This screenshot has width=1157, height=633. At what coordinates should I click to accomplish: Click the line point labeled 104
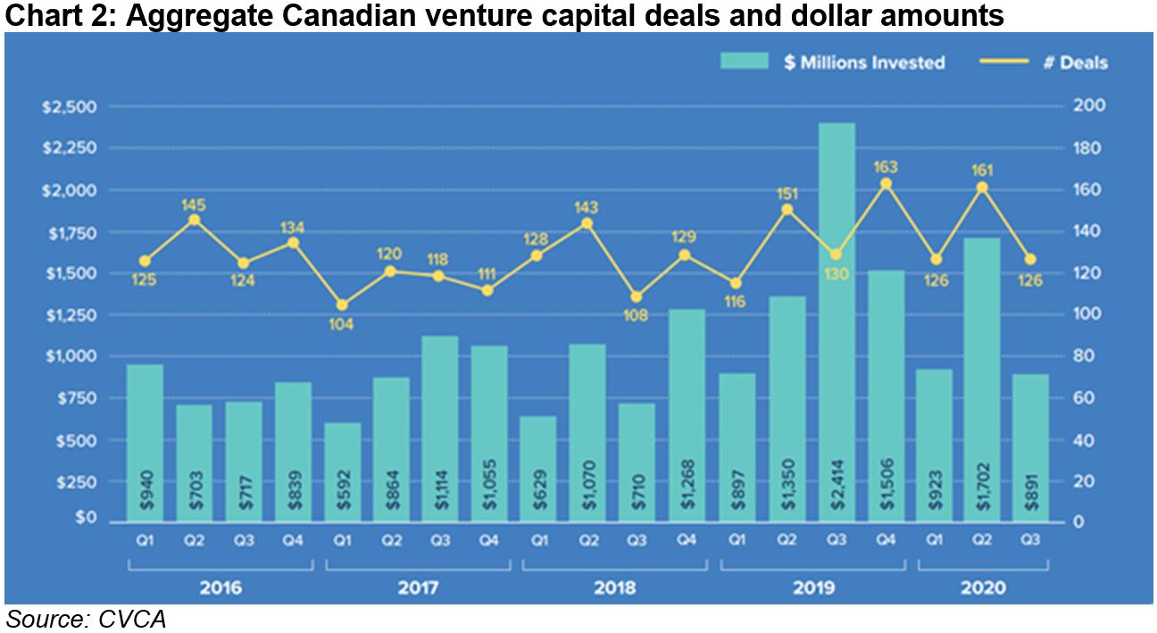coord(341,305)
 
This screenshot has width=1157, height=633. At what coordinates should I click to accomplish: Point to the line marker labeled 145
coord(195,220)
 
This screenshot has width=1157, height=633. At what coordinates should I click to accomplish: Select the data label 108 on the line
coord(637,317)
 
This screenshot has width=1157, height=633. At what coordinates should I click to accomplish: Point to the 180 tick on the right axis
coord(1090,148)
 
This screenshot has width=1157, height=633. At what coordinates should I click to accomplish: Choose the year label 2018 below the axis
coord(615,588)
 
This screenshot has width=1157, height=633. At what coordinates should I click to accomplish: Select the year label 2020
coord(983,588)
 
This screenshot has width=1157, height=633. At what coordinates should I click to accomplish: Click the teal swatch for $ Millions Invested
coord(744,62)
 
